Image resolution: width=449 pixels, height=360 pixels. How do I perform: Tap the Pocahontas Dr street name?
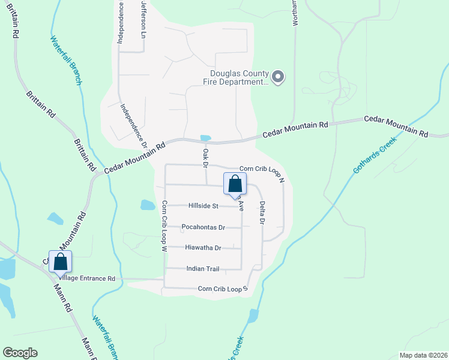coord(203,227)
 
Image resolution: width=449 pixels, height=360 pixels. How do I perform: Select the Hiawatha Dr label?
coord(203,248)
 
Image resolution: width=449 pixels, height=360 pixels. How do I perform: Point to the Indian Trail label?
coord(203,269)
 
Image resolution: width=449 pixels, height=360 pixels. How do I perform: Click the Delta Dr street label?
coord(262,212)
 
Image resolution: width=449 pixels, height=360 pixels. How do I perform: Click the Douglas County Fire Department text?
coord(234,77)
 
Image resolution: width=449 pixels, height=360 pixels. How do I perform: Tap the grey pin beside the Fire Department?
coord(277,77)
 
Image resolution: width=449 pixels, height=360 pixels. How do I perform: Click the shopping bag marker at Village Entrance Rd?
coord(61,262)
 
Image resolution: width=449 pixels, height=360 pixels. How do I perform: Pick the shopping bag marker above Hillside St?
coord(235,184)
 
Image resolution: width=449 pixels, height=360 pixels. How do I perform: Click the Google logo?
coord(20,353)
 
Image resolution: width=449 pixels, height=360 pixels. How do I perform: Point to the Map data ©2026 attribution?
coord(423,355)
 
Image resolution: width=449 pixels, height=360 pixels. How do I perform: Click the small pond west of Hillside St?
coord(148,205)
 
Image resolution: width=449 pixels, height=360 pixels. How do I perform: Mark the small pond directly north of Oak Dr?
coord(205,138)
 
